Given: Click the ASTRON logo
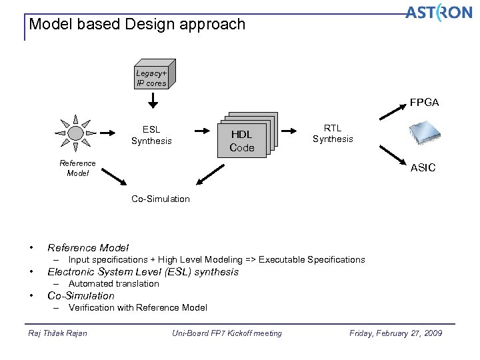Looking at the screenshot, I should point(438,13).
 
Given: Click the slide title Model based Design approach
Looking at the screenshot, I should point(137,25).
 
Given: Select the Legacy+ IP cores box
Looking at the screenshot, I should point(151,78).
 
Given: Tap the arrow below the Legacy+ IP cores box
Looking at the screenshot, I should point(153,101).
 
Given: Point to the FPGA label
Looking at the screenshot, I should point(424,103).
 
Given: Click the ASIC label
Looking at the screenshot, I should point(423,168).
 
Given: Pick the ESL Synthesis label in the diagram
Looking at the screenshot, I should point(151,135).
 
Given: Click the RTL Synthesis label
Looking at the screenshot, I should point(333,133).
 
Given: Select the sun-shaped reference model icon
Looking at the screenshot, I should point(77,133).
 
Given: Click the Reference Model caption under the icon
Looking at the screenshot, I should point(77,168).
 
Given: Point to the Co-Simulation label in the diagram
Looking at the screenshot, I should point(160,199).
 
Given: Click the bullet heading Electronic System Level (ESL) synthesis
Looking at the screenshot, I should point(143,271).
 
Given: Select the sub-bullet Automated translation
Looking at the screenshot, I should point(113,283).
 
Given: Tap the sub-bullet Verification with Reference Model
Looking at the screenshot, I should point(137,307).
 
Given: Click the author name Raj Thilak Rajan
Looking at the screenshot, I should point(58,333).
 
